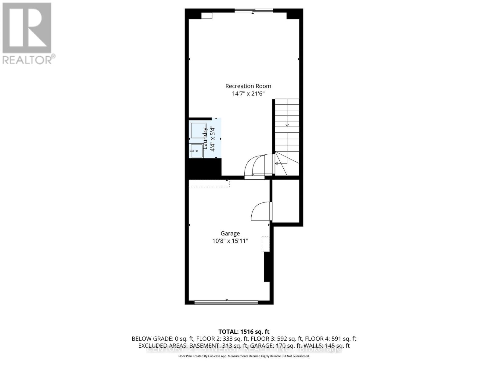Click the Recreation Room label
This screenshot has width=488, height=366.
tap(248, 86)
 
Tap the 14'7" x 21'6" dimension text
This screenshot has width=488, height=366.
tap(248, 94)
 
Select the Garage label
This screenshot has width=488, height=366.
tap(230, 233)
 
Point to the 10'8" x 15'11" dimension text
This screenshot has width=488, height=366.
tap(230, 241)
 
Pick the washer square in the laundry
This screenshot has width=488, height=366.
tap(199, 131)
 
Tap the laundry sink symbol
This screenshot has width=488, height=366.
tap(197, 151)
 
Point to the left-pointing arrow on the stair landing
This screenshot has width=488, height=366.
tap(277, 163)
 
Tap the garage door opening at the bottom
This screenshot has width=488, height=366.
tap(226, 302)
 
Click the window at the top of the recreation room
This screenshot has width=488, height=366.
tap(254, 11)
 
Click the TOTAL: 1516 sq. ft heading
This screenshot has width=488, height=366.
tap(244, 332)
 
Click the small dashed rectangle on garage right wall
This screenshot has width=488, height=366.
tap(266, 244)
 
